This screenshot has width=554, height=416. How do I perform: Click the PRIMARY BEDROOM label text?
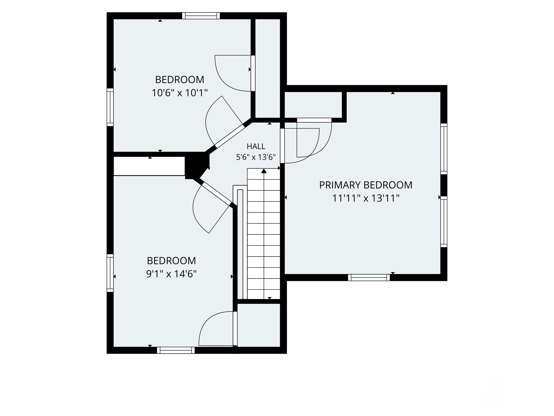[365, 185]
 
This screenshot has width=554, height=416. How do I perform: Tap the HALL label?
[256, 146]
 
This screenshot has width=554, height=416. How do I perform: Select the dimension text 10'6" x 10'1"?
[179, 93]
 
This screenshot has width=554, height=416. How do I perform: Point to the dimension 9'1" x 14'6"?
[171, 274]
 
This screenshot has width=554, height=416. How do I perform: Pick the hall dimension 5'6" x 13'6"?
[256, 157]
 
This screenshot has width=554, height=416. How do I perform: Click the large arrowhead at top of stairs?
[264, 171]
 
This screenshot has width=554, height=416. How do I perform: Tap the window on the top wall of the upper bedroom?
[201, 16]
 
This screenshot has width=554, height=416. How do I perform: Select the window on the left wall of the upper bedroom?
[110, 107]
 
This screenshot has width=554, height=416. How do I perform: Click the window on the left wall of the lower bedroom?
[110, 273]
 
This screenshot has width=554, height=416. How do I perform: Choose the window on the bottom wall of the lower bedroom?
[176, 350]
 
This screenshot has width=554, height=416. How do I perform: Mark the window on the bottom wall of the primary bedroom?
[369, 278]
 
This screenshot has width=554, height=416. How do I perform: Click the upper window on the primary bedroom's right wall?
[444, 149]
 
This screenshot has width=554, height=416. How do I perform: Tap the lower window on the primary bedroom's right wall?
[444, 222]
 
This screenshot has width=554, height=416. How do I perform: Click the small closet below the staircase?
[259, 325]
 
